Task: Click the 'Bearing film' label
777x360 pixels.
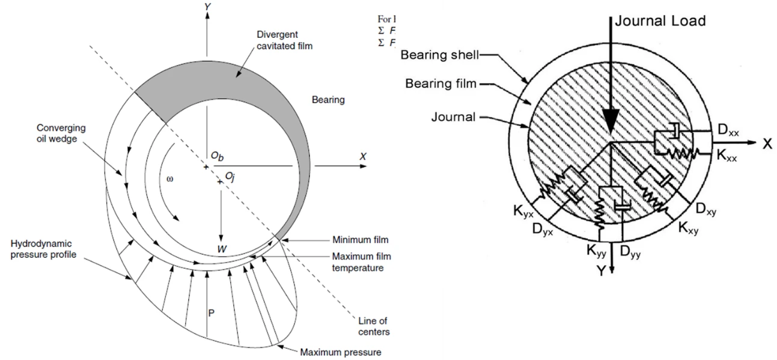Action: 440,84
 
